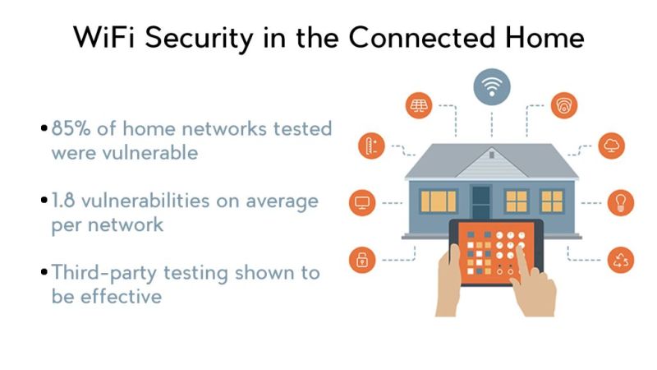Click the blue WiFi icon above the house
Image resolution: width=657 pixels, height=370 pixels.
tap(492, 85)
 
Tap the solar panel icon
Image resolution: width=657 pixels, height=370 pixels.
tap(419, 105)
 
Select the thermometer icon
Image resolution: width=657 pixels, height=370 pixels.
tap(371, 148)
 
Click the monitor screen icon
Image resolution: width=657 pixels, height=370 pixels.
tap(362, 202)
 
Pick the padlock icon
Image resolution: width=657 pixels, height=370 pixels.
tap(362, 261)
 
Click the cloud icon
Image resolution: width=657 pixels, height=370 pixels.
tap(612, 146)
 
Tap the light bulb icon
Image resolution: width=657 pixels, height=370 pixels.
tap(620, 202)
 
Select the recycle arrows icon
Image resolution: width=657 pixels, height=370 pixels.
tap(620, 261)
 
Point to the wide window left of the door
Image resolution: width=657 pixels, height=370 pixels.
tap(438, 201)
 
